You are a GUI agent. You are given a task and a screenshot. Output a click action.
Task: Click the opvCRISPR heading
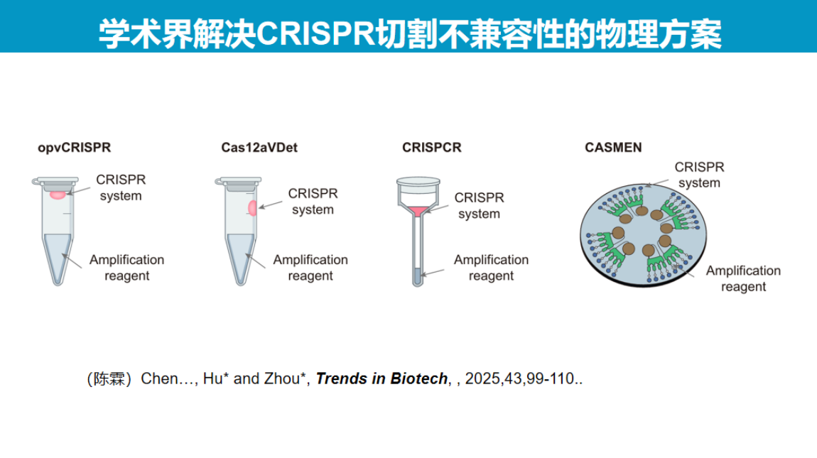[x=74, y=148]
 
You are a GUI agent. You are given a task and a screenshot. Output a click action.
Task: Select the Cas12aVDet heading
[x=259, y=148]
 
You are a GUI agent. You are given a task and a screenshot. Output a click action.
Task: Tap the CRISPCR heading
[x=431, y=148]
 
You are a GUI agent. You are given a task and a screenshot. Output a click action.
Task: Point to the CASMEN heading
[x=612, y=148]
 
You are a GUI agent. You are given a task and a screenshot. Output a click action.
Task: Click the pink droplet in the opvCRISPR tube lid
[x=58, y=195]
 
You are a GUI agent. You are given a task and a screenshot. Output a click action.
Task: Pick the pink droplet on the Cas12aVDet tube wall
[x=253, y=208]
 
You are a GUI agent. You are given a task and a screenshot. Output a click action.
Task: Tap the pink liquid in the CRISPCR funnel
[x=418, y=211]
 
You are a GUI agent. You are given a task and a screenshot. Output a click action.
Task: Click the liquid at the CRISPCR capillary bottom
[x=417, y=276]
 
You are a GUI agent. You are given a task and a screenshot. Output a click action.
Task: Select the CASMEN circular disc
[x=644, y=235]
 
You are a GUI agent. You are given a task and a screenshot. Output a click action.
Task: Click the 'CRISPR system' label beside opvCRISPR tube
[x=121, y=187]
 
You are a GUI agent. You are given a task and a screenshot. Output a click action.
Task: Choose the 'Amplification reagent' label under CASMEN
[x=743, y=278]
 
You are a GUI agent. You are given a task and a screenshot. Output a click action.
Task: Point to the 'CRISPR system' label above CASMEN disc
[x=699, y=175]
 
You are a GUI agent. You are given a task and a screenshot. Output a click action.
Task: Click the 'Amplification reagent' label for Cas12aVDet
[x=310, y=267]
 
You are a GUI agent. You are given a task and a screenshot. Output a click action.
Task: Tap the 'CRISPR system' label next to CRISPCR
[x=479, y=205]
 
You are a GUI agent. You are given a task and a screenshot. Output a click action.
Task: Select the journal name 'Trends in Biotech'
[x=382, y=378]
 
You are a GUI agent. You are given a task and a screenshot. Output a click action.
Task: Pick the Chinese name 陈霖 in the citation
[x=109, y=378]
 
